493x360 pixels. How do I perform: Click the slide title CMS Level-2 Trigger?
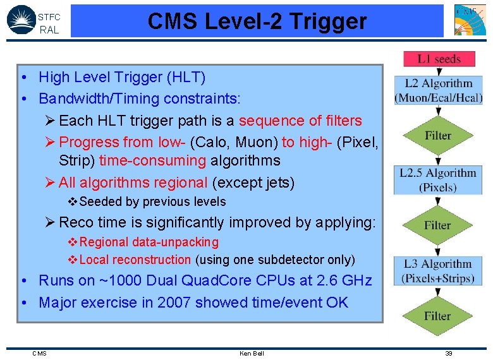point(257,21)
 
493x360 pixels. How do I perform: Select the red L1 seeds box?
point(438,59)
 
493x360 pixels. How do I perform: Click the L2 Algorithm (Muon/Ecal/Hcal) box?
point(438,90)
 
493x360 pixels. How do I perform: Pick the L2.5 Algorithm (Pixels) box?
point(438,180)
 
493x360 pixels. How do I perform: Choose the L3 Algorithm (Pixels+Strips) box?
point(438,271)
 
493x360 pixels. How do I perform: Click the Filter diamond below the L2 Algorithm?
point(438,135)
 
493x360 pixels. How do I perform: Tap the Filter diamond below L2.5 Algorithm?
point(438,225)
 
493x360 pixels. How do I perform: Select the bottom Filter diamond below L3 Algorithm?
point(438,315)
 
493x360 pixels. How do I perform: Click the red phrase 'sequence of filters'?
point(300,121)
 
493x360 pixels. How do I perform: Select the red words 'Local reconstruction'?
point(135,260)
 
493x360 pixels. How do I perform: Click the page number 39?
point(449,353)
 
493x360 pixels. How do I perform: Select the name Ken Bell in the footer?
point(252,353)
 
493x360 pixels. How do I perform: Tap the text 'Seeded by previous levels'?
point(152,202)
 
